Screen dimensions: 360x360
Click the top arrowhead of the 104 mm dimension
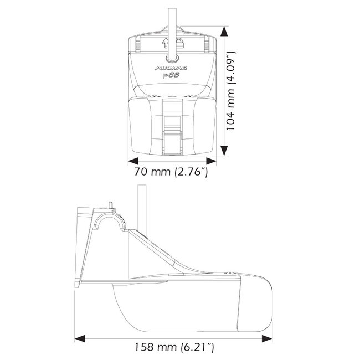[x=223, y=34]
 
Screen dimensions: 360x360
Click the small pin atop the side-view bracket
[x=112, y=205]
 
